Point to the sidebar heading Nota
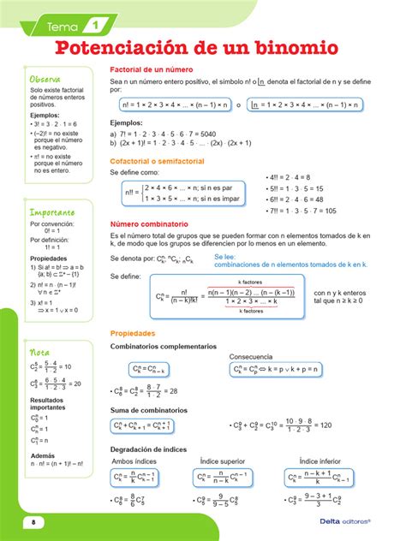click(x=39, y=352)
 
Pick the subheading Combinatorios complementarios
click(x=164, y=346)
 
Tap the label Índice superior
click(x=224, y=462)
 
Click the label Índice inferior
click(x=321, y=462)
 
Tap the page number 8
click(x=34, y=522)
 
